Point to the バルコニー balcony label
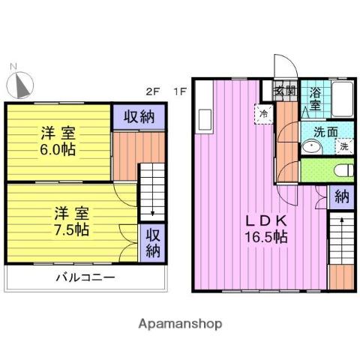click(x=85, y=279)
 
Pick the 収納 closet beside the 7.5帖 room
click(x=153, y=241)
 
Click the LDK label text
click(x=262, y=220)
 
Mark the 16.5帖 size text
click(x=262, y=237)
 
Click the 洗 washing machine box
click(x=343, y=147)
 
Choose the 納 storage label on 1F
click(x=341, y=198)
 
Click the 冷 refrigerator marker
click(x=264, y=113)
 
